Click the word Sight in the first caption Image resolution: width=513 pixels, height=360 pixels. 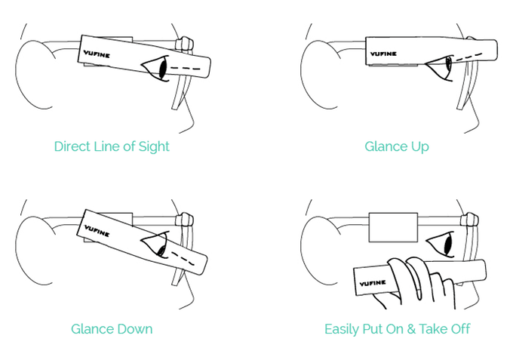(x=154, y=147)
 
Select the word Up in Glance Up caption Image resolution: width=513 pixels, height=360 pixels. (x=420, y=147)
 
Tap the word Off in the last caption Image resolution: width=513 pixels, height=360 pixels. (x=460, y=328)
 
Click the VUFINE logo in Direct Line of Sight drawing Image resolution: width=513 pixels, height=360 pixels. (x=97, y=54)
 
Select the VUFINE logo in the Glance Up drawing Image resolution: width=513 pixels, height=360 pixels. (x=383, y=54)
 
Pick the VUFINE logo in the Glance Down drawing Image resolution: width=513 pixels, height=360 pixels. (x=97, y=231)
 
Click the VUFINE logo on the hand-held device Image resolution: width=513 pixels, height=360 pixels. (x=373, y=283)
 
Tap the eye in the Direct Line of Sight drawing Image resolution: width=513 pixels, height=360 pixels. (x=155, y=69)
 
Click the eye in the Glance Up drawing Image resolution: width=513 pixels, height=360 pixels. (x=440, y=67)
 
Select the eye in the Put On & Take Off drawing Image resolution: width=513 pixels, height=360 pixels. (x=441, y=244)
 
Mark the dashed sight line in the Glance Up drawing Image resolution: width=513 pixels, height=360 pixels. (x=468, y=57)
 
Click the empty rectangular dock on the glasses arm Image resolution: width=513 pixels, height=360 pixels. (x=393, y=227)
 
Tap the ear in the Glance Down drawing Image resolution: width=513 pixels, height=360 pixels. (x=35, y=251)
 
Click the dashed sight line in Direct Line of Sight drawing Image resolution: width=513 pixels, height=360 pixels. (x=185, y=69)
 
